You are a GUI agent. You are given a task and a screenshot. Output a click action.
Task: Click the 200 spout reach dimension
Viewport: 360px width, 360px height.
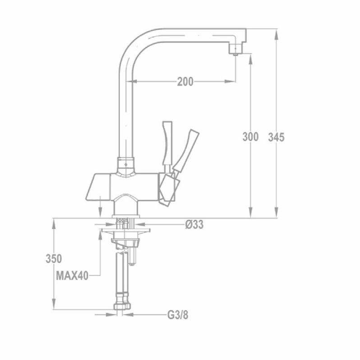(x=185, y=81)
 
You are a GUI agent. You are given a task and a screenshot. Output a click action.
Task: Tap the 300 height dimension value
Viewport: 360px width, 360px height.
(x=250, y=137)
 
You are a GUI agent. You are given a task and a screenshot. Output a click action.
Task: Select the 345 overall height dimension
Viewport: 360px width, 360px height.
(x=276, y=137)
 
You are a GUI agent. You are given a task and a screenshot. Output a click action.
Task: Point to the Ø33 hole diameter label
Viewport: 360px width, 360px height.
(x=194, y=224)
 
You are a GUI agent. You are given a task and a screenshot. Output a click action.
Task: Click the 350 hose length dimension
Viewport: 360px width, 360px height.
(x=54, y=259)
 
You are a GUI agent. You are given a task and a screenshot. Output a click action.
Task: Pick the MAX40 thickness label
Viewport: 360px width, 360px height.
(x=72, y=275)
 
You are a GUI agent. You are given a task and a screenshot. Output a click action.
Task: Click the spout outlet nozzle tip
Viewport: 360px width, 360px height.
(x=235, y=52)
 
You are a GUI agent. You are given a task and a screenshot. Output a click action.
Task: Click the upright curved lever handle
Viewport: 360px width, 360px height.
(x=167, y=142)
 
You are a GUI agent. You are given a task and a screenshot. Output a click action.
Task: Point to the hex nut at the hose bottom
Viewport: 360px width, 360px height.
(x=122, y=306)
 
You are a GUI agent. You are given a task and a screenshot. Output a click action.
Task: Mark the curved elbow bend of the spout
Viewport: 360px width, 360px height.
(x=135, y=45)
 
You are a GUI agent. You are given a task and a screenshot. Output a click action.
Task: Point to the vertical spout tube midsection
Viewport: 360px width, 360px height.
(x=126, y=112)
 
